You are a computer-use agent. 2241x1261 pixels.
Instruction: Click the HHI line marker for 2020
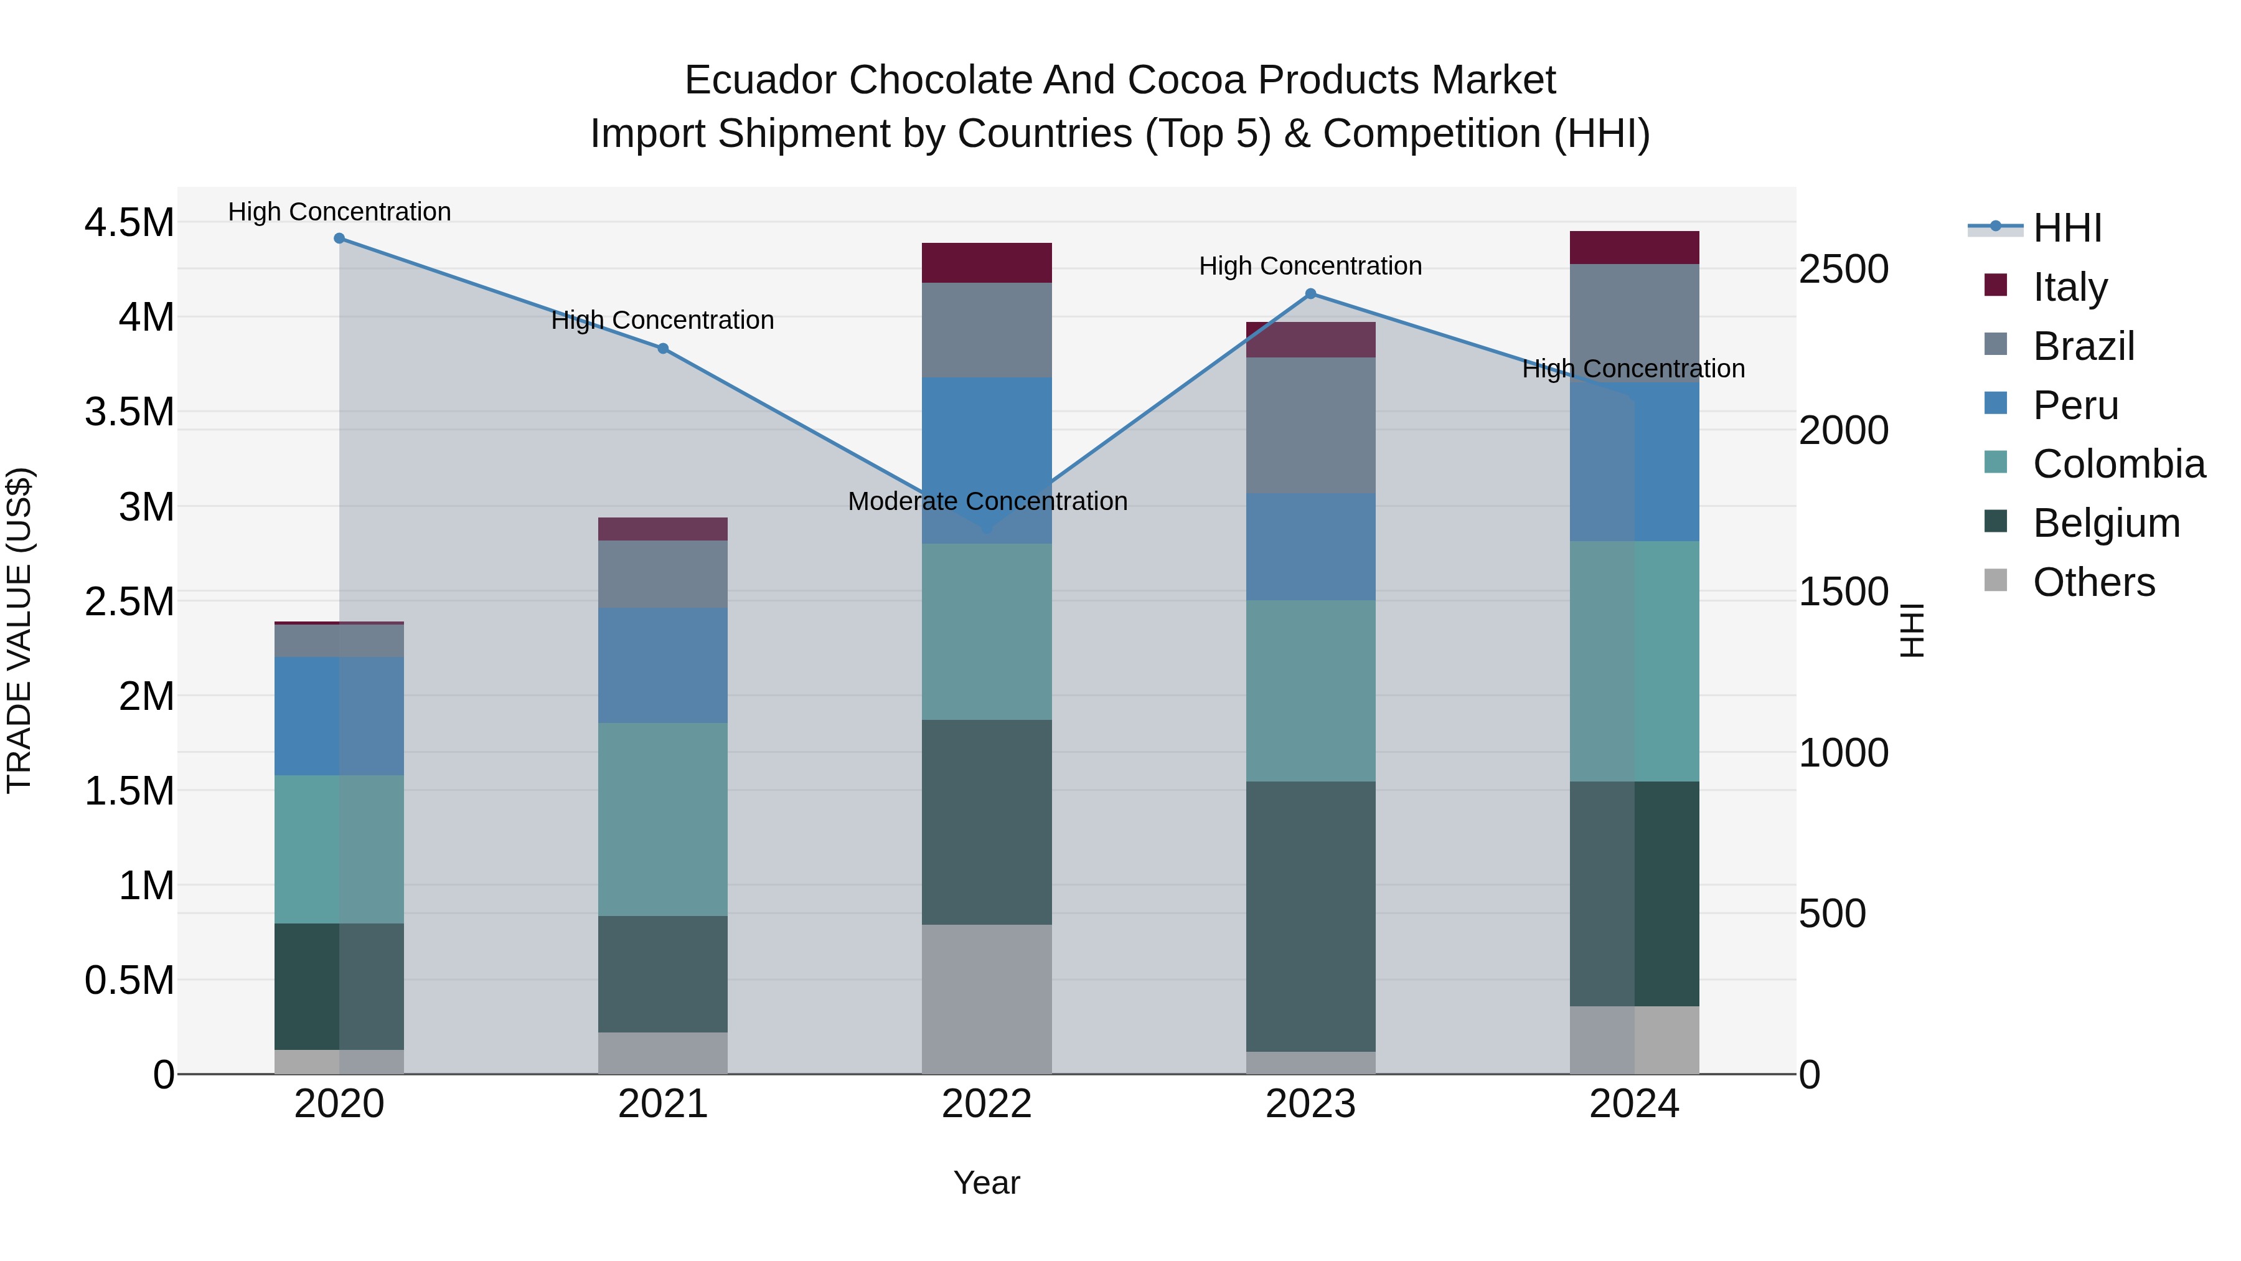tap(339, 239)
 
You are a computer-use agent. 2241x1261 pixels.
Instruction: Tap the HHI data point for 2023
tap(1311, 294)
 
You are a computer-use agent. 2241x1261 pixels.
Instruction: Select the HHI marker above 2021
tap(663, 349)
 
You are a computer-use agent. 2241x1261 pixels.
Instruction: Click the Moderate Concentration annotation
tap(987, 502)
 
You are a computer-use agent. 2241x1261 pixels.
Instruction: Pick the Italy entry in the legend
tap(2070, 287)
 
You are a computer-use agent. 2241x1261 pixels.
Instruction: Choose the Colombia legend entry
tap(2118, 464)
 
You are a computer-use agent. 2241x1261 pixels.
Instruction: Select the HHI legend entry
tap(2067, 228)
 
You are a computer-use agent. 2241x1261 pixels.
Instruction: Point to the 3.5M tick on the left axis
tap(129, 412)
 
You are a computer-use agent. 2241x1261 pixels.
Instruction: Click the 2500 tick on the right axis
tap(1843, 269)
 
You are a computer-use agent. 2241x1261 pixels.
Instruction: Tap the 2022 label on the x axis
tap(987, 1104)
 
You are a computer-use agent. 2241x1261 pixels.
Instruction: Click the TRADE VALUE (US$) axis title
tap(19, 630)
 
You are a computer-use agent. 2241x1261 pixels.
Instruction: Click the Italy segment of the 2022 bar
tap(987, 263)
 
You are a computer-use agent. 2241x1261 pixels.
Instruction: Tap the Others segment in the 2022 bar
tap(987, 999)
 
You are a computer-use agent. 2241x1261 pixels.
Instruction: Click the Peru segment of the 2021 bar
tap(663, 666)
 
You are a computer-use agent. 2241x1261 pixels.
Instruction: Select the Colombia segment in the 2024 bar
tap(1635, 661)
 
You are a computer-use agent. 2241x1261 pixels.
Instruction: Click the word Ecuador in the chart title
tap(761, 80)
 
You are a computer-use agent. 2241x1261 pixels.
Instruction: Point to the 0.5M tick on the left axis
tap(129, 981)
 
